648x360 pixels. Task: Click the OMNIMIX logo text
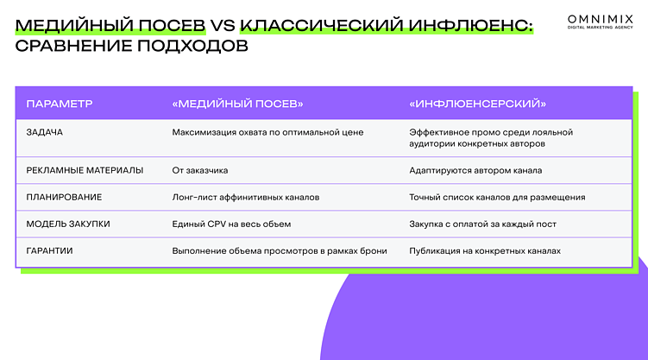click(600, 17)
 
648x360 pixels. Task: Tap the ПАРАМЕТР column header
click(59, 104)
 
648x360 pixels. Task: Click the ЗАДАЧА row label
click(45, 132)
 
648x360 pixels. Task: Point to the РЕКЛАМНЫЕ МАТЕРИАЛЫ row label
click(85, 170)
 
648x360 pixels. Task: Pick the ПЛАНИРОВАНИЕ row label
click(65, 197)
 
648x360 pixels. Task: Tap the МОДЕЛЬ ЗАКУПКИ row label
click(68, 224)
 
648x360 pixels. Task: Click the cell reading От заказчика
click(200, 170)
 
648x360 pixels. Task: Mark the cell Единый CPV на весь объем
click(231, 224)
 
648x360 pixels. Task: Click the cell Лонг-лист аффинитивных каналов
click(246, 197)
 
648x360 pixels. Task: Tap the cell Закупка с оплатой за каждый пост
click(482, 224)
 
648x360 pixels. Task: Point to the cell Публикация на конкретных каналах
click(485, 250)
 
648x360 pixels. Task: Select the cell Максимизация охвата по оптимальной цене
click(267, 132)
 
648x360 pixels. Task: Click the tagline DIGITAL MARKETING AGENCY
click(600, 27)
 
